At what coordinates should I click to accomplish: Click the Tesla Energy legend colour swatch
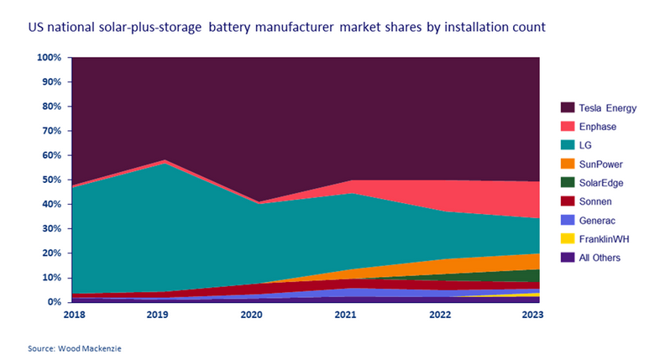(x=567, y=107)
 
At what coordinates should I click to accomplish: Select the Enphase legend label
(x=598, y=126)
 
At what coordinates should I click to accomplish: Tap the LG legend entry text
(x=586, y=144)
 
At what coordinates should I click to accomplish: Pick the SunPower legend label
(x=601, y=164)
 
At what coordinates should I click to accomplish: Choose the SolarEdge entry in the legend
(x=602, y=182)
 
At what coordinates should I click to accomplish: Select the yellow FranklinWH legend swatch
(x=567, y=238)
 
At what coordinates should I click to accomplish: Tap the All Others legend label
(x=600, y=258)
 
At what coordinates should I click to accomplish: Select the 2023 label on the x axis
(x=532, y=315)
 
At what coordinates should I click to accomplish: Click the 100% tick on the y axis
(x=49, y=58)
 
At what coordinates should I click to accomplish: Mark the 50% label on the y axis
(x=51, y=180)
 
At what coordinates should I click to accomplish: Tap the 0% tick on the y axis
(x=55, y=301)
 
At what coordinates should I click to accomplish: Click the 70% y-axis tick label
(x=51, y=131)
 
